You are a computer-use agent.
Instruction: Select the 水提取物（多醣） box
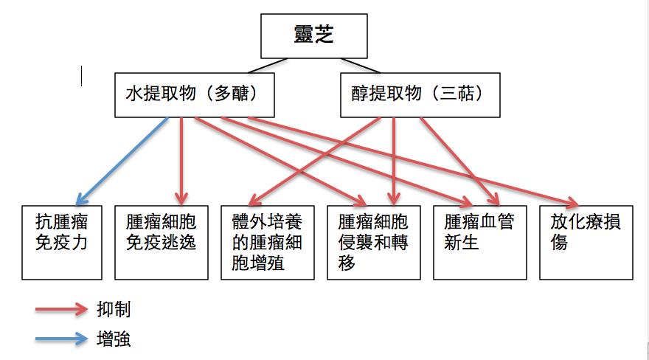(195, 94)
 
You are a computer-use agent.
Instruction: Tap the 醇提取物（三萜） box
(419, 94)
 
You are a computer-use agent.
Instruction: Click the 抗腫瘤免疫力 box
(62, 242)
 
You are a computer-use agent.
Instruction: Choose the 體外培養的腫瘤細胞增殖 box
(268, 242)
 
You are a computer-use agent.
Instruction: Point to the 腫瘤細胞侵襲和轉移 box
(373, 242)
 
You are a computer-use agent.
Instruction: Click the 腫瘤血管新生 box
(479, 242)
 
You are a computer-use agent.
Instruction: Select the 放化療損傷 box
(586, 242)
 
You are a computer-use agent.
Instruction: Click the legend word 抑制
(114, 309)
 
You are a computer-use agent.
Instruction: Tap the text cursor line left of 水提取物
(82, 76)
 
